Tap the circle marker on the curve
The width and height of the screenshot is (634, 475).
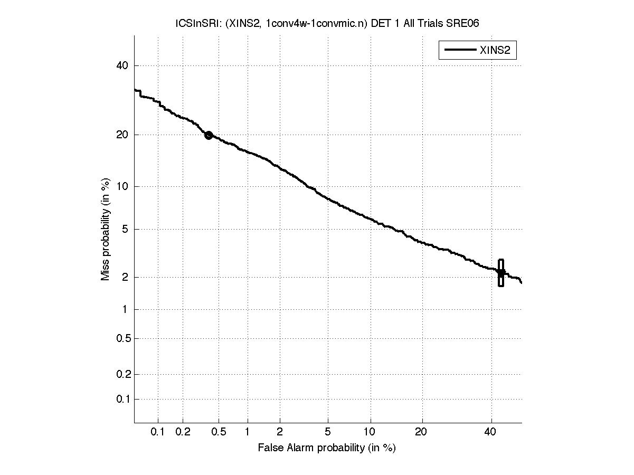click(209, 135)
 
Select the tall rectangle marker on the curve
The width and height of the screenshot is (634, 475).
click(500, 273)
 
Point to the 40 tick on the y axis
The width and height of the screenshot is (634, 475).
click(123, 65)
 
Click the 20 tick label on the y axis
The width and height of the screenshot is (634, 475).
click(123, 135)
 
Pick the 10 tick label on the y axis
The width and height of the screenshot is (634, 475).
click(123, 186)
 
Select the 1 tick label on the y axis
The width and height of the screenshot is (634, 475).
click(126, 309)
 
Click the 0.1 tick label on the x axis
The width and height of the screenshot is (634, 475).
click(158, 432)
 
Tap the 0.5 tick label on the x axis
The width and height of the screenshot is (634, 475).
click(219, 432)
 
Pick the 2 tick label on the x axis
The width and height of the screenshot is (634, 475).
click(280, 432)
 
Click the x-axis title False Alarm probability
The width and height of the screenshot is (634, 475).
click(327, 448)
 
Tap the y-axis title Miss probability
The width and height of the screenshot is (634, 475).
click(106, 230)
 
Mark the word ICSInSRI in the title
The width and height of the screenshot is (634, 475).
click(193, 23)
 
